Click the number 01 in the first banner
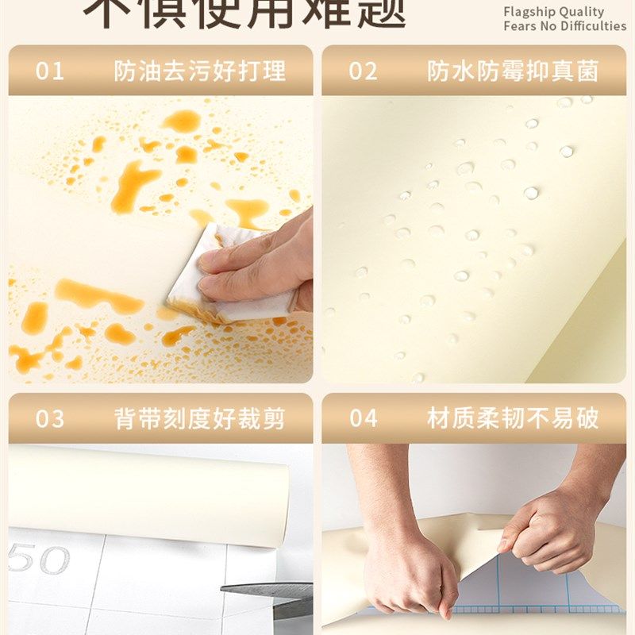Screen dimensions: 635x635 (49, 71)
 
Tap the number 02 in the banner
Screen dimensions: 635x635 (363, 71)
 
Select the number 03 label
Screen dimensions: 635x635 (49, 418)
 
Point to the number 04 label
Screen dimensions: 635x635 (363, 418)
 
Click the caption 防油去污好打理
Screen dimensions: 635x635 (199, 71)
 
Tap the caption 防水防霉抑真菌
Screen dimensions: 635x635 (513, 71)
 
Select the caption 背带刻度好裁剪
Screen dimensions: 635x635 (199, 418)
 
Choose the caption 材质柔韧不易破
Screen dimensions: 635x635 (513, 418)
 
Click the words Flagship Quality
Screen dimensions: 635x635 (553, 12)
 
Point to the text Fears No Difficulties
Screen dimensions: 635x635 (564, 26)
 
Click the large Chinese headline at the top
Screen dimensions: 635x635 (246, 12)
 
